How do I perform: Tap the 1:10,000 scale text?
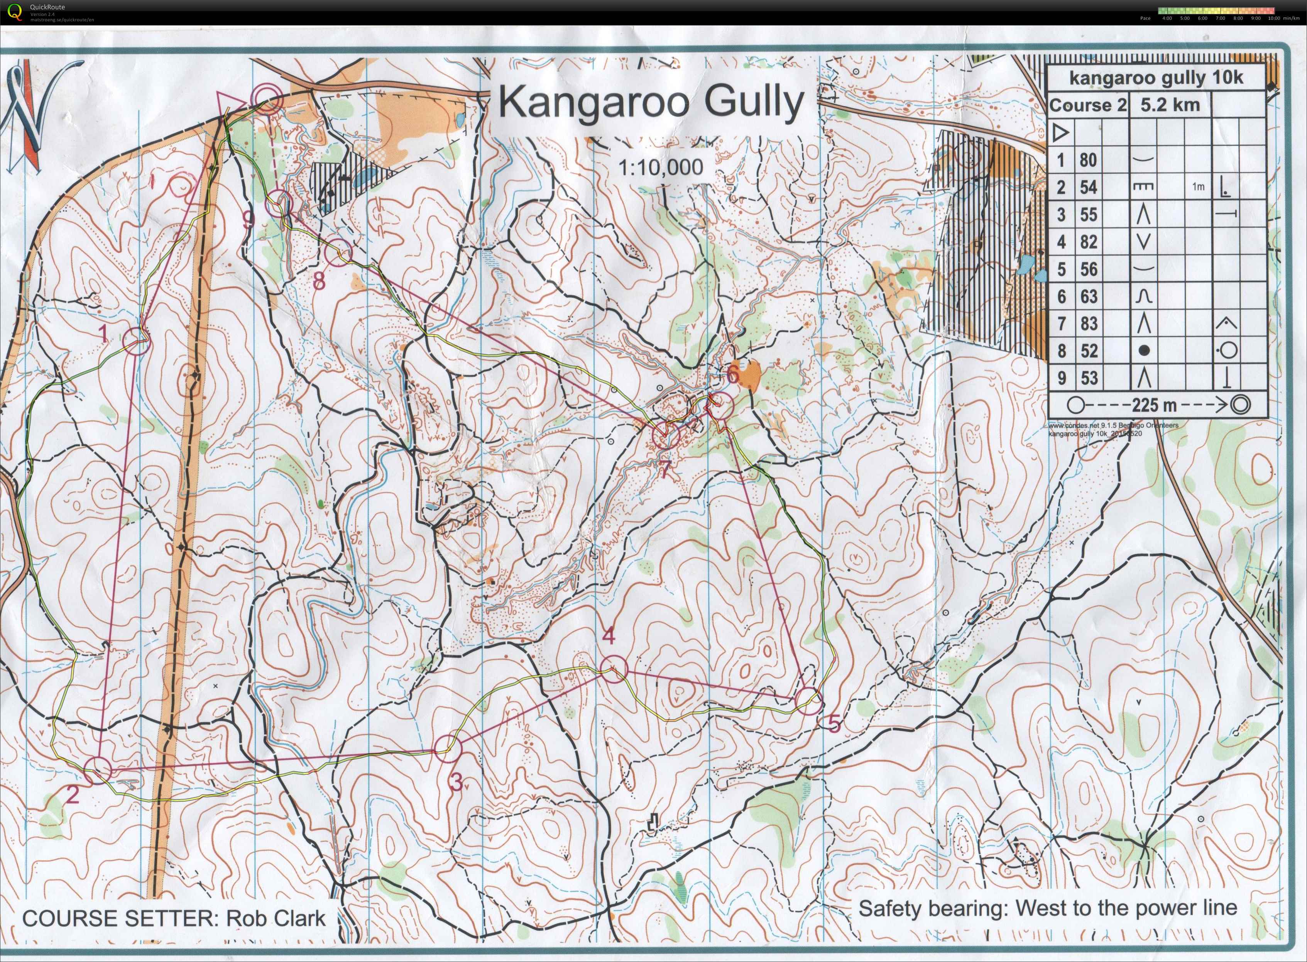(x=660, y=168)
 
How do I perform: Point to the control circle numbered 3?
(x=448, y=748)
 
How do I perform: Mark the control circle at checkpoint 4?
(x=613, y=669)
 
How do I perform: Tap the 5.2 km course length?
(x=1170, y=105)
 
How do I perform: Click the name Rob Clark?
(x=276, y=918)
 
